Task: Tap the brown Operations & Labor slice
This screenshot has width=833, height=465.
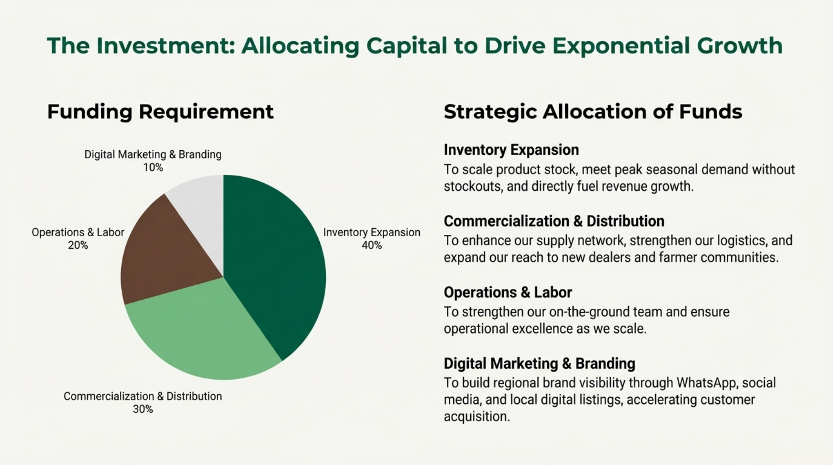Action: [x=164, y=254]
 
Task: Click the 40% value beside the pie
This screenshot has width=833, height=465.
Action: [x=372, y=245]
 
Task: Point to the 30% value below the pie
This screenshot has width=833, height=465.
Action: [x=143, y=409]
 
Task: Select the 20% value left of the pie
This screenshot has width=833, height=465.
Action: [x=78, y=245]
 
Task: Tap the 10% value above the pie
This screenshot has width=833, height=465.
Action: [x=153, y=168]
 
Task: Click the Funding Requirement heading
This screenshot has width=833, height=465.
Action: [x=160, y=112]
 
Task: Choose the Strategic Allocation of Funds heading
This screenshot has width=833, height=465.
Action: [x=593, y=112]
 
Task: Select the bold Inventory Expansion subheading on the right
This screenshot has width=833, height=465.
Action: [x=511, y=150]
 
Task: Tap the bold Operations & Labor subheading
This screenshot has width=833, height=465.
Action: [x=508, y=292]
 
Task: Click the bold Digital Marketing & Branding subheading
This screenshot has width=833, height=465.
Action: [x=539, y=364]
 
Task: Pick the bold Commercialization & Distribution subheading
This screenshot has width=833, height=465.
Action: [x=554, y=221]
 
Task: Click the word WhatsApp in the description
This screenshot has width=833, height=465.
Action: [x=706, y=383]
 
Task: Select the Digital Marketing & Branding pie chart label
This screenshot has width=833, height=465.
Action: [x=153, y=155]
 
